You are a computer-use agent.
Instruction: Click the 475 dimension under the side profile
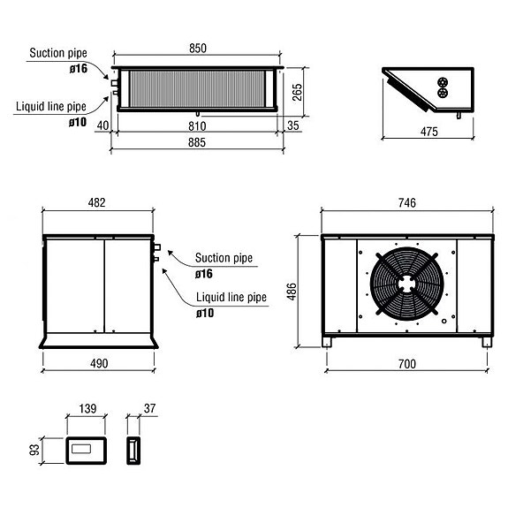point(429,132)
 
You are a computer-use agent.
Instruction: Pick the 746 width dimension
point(407,202)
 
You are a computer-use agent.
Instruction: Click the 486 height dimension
point(292,291)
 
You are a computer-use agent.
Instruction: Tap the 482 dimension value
point(97,202)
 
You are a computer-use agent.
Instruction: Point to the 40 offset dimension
point(103,126)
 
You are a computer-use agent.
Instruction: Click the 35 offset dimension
point(292,126)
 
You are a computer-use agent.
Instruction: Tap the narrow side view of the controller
point(133,450)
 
